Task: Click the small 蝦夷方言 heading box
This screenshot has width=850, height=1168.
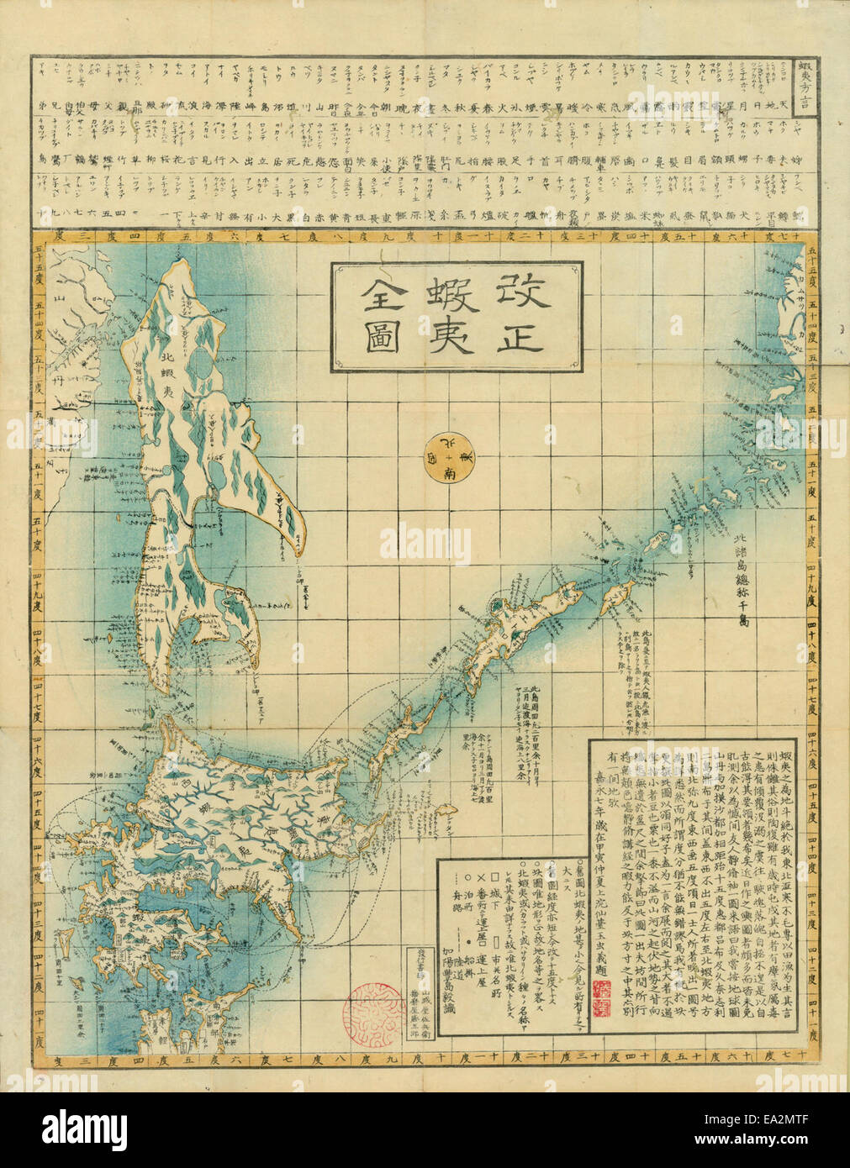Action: click(804, 83)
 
